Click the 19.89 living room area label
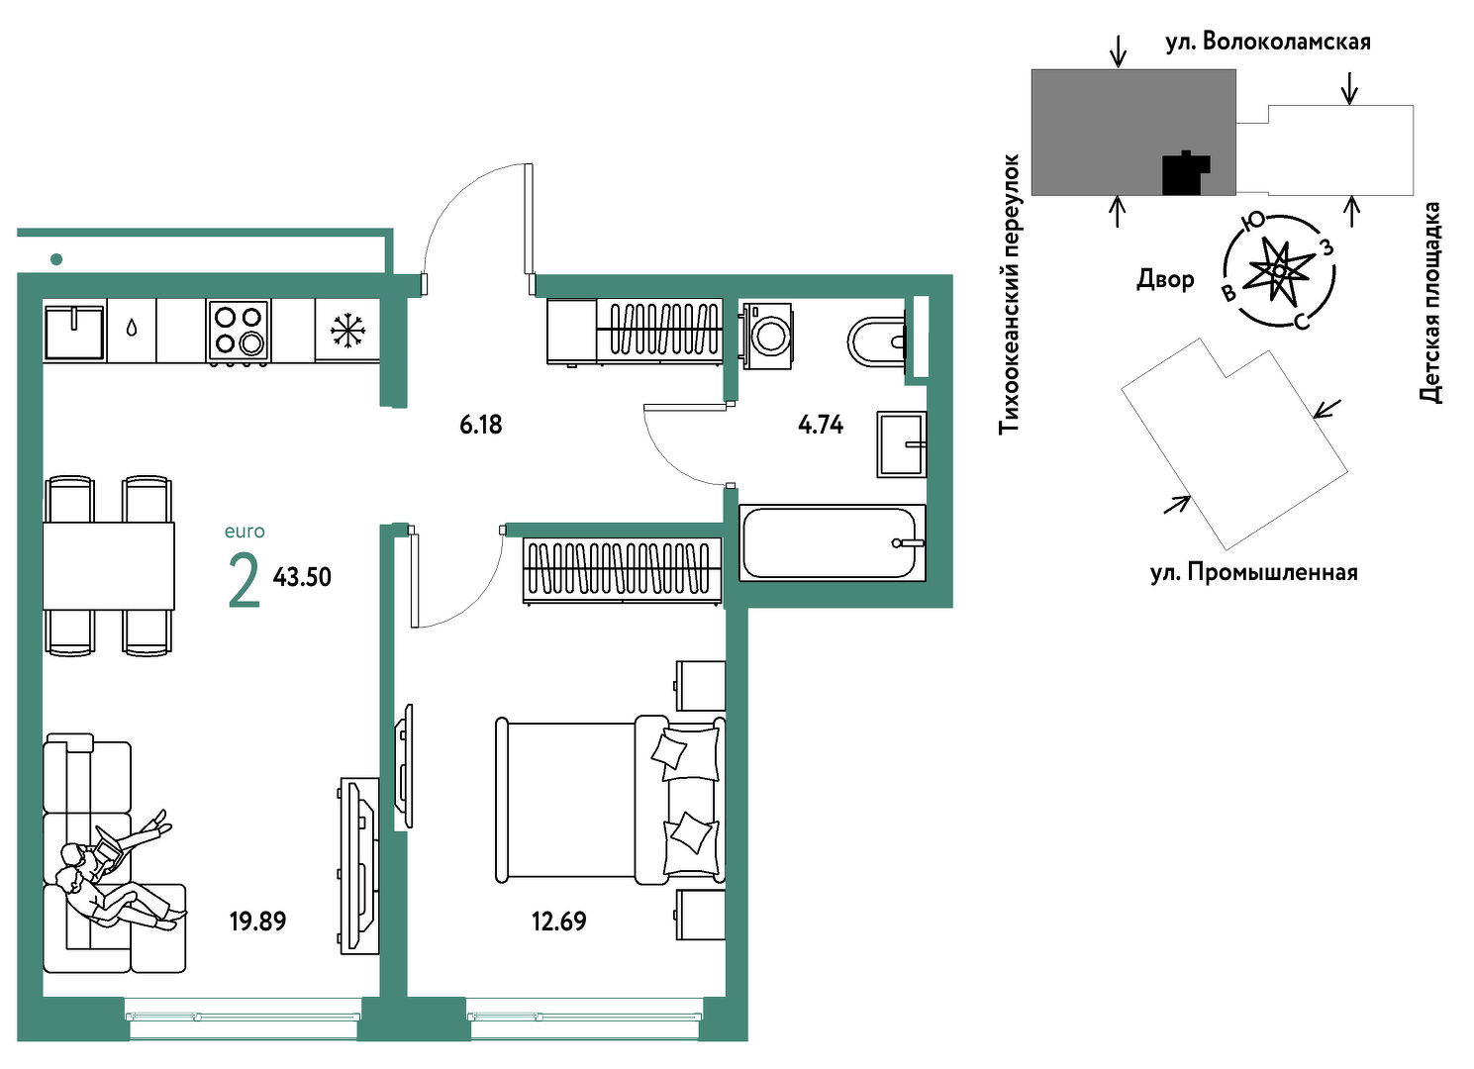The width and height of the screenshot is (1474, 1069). [257, 921]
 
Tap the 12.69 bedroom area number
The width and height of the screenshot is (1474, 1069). [558, 921]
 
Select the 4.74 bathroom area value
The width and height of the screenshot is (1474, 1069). [821, 425]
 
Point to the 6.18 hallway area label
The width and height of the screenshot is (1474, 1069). [481, 425]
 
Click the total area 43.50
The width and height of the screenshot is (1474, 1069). [302, 577]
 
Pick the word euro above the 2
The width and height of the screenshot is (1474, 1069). [245, 532]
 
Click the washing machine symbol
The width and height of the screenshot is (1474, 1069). [767, 335]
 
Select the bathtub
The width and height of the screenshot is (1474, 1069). [833, 542]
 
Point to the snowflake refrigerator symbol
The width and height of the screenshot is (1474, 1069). [347, 331]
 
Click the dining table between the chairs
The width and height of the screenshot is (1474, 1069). [109, 566]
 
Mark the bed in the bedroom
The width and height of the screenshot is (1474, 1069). [610, 800]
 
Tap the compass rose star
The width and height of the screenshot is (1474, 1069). [1279, 270]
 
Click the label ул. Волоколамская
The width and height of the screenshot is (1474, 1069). [1268, 43]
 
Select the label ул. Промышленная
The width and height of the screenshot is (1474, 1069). [1253, 572]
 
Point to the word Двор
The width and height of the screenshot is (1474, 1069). [1165, 279]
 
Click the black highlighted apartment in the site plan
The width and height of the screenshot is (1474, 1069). [1185, 173]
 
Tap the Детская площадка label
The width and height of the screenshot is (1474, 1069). [1429, 303]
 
